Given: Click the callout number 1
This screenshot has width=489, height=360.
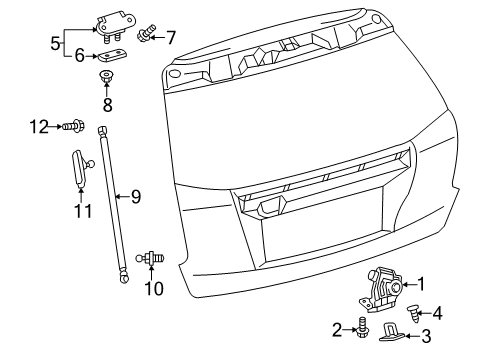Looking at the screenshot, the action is pyautogui.click(x=421, y=284).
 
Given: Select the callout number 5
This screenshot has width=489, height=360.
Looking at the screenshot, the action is pyautogui.click(x=55, y=43).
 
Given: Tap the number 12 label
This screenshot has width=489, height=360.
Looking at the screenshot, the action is pyautogui.click(x=39, y=127).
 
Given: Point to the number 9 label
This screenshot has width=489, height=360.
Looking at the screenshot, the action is pyautogui.click(x=136, y=197).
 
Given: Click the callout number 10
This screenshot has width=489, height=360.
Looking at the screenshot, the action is pyautogui.click(x=154, y=289).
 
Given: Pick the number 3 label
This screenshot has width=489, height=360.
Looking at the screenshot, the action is pyautogui.click(x=426, y=336).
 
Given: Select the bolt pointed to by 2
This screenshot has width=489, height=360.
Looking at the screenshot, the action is pyautogui.click(x=361, y=328).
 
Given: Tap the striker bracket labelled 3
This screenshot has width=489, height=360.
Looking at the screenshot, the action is pyautogui.click(x=392, y=332).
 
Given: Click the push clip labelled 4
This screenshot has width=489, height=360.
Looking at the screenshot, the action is pyautogui.click(x=412, y=314).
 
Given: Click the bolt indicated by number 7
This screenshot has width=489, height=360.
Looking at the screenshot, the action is pyautogui.click(x=146, y=33).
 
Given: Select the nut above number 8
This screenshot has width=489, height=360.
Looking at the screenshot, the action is pyautogui.click(x=107, y=76).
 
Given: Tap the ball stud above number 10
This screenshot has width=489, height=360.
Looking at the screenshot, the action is pyautogui.click(x=150, y=258).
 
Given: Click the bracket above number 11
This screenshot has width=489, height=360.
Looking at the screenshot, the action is pyautogui.click(x=81, y=168).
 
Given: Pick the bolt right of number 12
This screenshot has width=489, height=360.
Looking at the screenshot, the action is pyautogui.click(x=73, y=126).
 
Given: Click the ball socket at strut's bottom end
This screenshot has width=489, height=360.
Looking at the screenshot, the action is pyautogui.click(x=124, y=278).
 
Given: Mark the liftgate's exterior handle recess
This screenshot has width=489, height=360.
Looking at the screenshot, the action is pyautogui.click(x=272, y=204).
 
